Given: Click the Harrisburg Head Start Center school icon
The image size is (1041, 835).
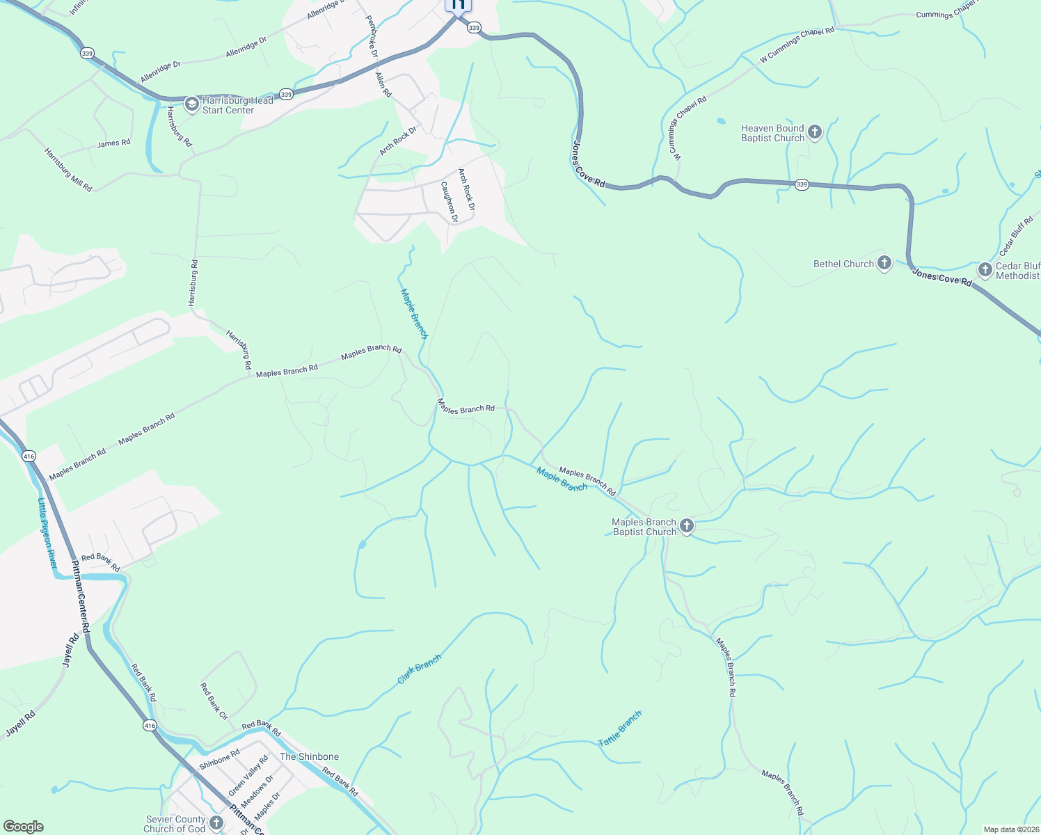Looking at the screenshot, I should pos(191,105).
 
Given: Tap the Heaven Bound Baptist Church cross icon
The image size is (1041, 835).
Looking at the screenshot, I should pos(815,132).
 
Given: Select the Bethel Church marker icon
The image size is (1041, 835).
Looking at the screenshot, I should pos(884,263).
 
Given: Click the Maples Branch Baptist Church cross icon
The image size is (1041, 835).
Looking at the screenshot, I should pos(687,526).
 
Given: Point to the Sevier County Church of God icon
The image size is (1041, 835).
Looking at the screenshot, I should pos(216,823).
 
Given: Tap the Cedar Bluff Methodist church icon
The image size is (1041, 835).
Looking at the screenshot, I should pos(985,269).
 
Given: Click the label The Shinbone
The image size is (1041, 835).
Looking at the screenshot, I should pos(309,756).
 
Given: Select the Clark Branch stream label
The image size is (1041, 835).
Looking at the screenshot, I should pos(420,669).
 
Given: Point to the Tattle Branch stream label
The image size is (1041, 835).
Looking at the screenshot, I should pos(620,729).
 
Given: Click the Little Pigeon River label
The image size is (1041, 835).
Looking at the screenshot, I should pos(47,532).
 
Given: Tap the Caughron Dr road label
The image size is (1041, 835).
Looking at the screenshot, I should pos(450,202).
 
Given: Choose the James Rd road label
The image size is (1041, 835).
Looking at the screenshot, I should pos(113,143).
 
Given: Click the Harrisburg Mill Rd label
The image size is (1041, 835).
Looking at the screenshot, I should pos(68,170).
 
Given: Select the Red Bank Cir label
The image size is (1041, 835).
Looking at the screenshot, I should pos(214,701).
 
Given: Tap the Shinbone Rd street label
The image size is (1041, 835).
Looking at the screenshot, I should pos(219,759).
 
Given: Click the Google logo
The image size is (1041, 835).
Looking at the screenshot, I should pos(23,827).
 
